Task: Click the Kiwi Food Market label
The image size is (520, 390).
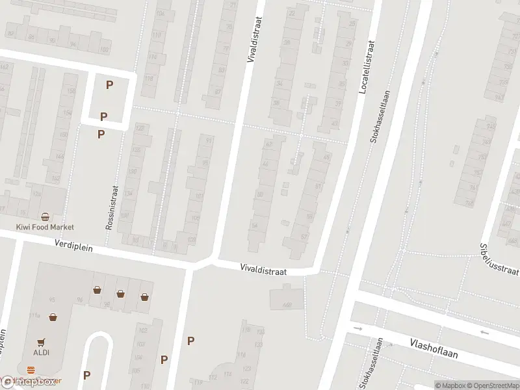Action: [x=45, y=227]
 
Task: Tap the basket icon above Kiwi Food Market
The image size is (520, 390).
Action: [x=45, y=216]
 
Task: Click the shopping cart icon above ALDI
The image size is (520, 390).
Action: [x=42, y=341]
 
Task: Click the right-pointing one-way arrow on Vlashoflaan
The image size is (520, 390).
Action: [x=357, y=328]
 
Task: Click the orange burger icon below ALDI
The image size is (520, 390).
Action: [x=31, y=370]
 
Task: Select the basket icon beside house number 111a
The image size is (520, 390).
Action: [x=52, y=317]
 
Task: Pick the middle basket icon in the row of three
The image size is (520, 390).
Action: [x=120, y=294]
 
